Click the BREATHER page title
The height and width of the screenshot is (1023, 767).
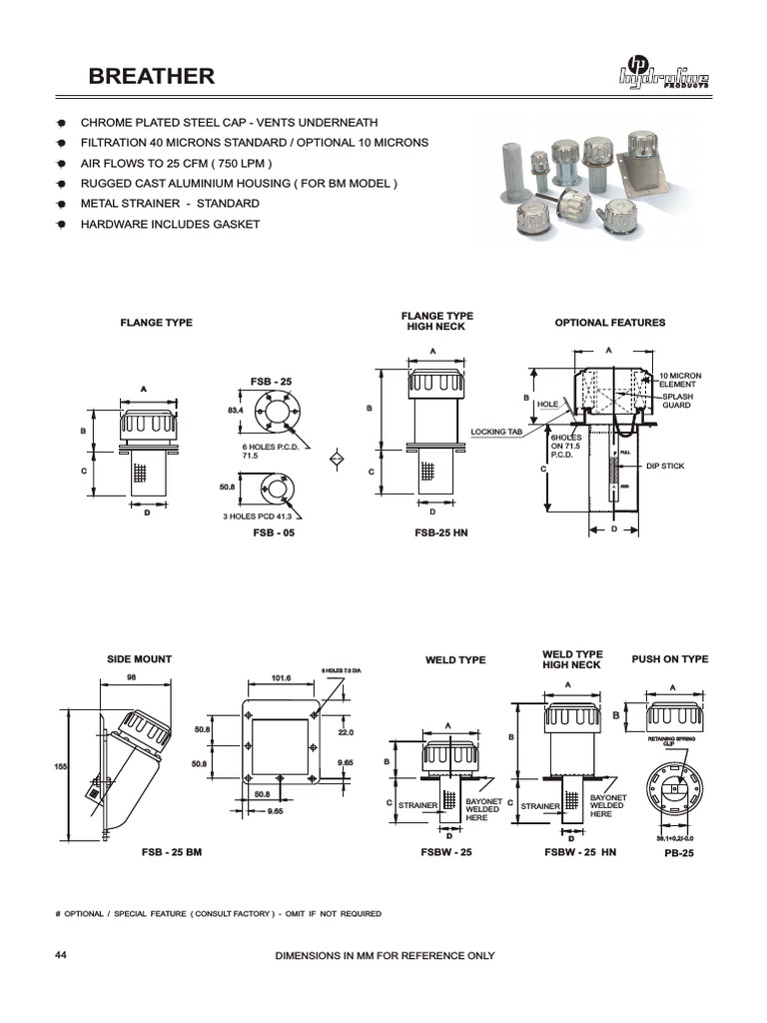tap(151, 77)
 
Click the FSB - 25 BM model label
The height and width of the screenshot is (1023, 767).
tap(172, 854)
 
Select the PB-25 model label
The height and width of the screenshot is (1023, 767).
tap(678, 854)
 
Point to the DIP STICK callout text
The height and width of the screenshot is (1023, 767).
tap(665, 467)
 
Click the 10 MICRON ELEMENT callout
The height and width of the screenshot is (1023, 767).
tap(679, 381)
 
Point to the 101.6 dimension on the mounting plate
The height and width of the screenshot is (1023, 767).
tap(281, 678)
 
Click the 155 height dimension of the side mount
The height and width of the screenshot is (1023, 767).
tap(60, 766)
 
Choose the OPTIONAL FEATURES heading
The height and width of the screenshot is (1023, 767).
tap(609, 323)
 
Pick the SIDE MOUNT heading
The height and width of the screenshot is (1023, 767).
tap(139, 659)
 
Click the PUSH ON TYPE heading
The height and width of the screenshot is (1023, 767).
tap(669, 659)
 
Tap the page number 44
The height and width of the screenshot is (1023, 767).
tap(61, 955)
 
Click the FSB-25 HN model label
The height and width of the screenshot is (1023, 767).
tap(440, 533)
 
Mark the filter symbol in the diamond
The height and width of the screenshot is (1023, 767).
tap(338, 459)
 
